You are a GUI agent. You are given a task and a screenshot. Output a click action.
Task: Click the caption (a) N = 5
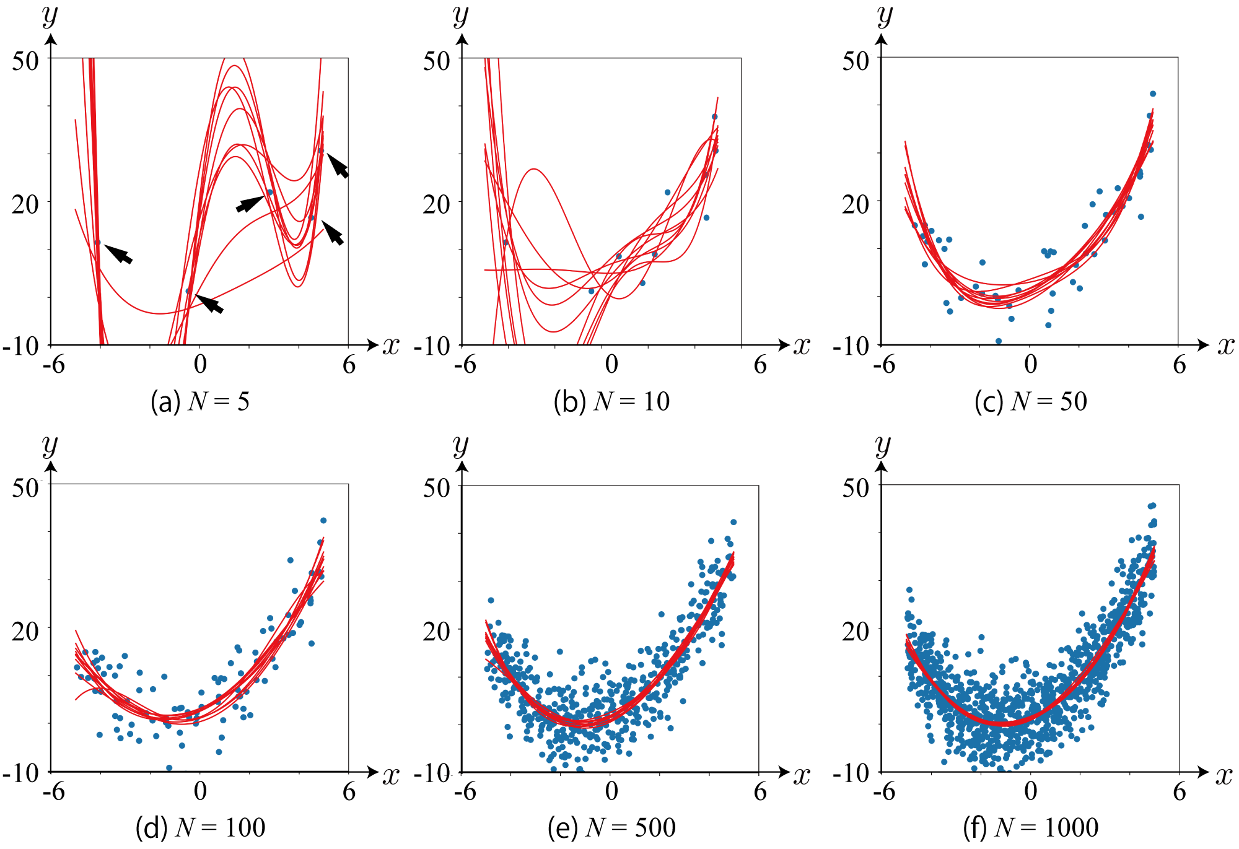coord(200,402)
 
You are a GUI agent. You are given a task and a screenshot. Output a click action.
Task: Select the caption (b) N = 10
coord(611,402)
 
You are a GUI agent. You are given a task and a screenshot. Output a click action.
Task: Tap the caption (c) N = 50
coord(1030,402)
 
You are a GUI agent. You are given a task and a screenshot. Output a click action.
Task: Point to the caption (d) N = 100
coord(200,828)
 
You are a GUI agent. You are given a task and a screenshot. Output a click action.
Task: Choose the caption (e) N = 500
coord(611,828)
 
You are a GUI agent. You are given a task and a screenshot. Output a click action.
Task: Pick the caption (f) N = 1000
coord(1030,828)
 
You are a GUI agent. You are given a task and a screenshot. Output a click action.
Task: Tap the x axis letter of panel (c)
coord(1225,345)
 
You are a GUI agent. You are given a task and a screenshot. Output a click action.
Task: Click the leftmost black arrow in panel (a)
coord(118,254)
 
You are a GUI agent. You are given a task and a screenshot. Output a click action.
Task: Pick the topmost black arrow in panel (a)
coord(338,165)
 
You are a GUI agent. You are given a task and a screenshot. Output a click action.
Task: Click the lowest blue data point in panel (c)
coord(998,341)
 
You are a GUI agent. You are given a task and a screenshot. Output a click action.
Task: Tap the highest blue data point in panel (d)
coord(323,521)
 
